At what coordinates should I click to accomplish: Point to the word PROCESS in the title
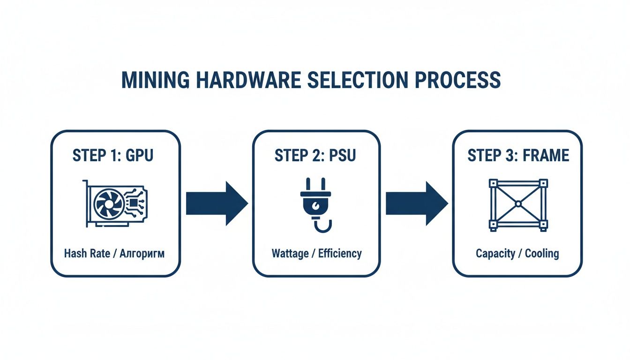coord(458,81)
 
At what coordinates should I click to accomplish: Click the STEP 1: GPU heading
coord(112,156)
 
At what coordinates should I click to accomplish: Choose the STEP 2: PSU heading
coord(315,156)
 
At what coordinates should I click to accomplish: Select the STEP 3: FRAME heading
coord(518,156)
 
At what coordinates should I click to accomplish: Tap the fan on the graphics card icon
coord(108,203)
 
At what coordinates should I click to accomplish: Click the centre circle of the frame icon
coord(518,204)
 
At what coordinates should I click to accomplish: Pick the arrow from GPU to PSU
coord(217,204)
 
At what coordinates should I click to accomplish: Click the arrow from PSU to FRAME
coord(416,204)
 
